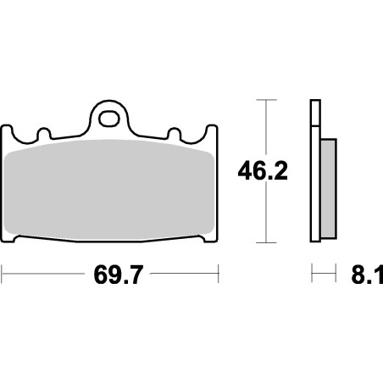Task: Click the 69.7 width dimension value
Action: (111, 275)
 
